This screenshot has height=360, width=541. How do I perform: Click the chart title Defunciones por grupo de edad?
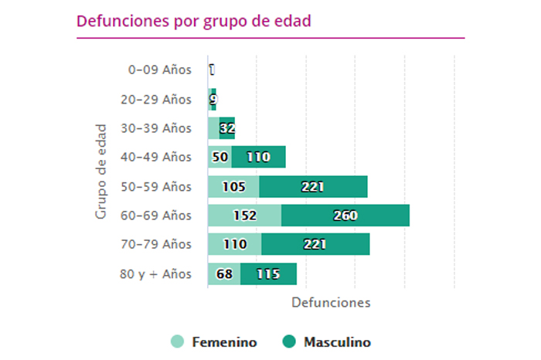tap(194, 21)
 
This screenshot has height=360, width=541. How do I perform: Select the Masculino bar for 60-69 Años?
tap(345, 216)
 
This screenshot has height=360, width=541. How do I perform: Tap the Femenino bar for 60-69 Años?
tap(244, 216)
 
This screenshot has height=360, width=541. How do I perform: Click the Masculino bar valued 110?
tap(258, 158)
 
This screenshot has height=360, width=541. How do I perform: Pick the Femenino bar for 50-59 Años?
tap(233, 187)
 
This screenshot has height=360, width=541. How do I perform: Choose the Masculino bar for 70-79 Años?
tap(315, 245)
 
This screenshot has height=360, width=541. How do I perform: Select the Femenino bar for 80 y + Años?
tap(224, 273)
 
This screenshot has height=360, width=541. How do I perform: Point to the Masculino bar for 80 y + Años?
tap(268, 273)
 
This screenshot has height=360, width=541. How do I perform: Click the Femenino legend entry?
tap(214, 342)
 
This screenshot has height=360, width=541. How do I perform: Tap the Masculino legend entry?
tap(327, 342)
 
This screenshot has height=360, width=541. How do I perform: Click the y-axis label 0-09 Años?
tap(159, 70)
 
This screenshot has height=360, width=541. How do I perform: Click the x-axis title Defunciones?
tap(331, 303)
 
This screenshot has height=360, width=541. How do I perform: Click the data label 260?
tap(345, 216)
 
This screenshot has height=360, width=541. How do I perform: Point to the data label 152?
tap(244, 216)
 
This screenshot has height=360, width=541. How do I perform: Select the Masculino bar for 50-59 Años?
tap(313, 187)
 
